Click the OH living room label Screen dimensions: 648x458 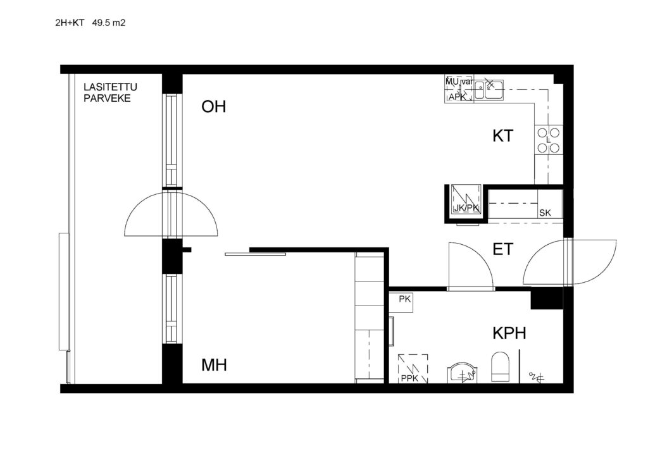(x=214, y=106)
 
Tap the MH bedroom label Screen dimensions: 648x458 (x=214, y=364)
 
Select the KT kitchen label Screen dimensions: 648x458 (x=503, y=136)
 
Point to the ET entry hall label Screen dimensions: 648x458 (x=503, y=249)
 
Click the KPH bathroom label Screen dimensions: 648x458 (x=509, y=333)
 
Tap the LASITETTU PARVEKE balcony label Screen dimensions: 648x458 (x=110, y=92)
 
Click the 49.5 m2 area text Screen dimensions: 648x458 (x=109, y=23)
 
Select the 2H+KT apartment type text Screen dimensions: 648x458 (x=70, y=23)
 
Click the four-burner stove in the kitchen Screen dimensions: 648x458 (x=549, y=140)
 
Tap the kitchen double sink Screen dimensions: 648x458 (x=489, y=90)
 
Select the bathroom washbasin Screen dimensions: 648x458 (x=463, y=373)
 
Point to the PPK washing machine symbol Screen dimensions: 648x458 (x=413, y=368)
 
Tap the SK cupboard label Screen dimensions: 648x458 (x=545, y=213)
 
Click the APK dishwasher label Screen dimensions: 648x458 (x=457, y=97)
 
